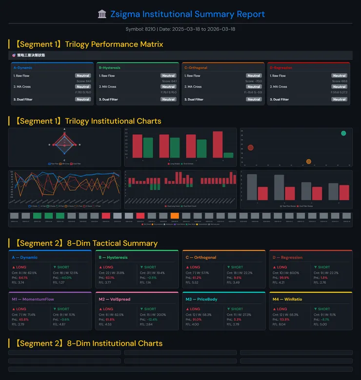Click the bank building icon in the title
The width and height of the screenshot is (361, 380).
pyautogui.click(x=102, y=14)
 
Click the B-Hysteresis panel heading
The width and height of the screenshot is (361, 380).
pyautogui.click(x=109, y=68)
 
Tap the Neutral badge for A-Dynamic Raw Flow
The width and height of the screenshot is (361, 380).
pyautogui.click(x=83, y=76)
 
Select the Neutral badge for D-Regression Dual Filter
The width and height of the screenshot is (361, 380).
pyautogui.click(x=339, y=99)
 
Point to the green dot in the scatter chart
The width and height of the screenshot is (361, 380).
pyautogui.click(x=343, y=133)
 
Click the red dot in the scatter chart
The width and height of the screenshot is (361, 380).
pyautogui.click(x=250, y=147)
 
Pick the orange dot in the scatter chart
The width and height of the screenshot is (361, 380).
pyautogui.click(x=308, y=161)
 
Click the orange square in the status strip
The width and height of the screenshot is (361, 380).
pyautogui.click(x=175, y=215)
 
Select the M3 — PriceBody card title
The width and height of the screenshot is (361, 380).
pyautogui.click(x=201, y=299)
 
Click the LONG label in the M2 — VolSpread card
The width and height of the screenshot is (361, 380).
pyautogui.click(x=108, y=309)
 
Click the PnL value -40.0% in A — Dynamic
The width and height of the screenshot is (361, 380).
pyautogui.click(x=66, y=278)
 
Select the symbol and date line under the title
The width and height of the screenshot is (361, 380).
pyautogui.click(x=180, y=29)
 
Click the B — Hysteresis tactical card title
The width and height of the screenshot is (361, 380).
pyautogui.click(x=113, y=258)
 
